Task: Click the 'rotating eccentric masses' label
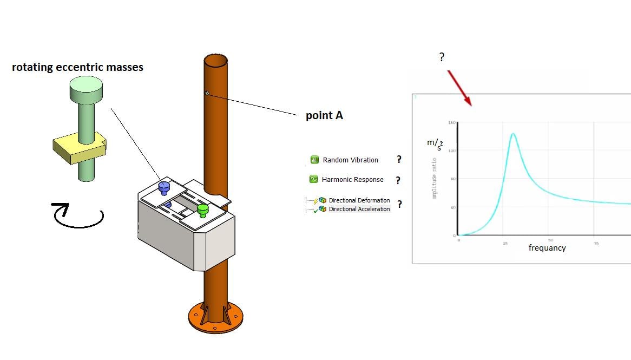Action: (x=77, y=67)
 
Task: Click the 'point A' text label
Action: (x=324, y=115)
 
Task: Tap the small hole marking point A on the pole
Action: (x=207, y=93)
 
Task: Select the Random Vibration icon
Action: (x=314, y=160)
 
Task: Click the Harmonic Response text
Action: (x=352, y=180)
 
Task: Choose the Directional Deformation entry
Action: (x=359, y=200)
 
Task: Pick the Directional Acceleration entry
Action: (x=359, y=209)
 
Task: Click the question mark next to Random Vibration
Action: (x=399, y=160)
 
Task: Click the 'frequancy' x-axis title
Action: (x=547, y=248)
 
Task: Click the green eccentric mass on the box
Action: (x=202, y=209)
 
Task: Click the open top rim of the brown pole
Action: (x=215, y=60)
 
